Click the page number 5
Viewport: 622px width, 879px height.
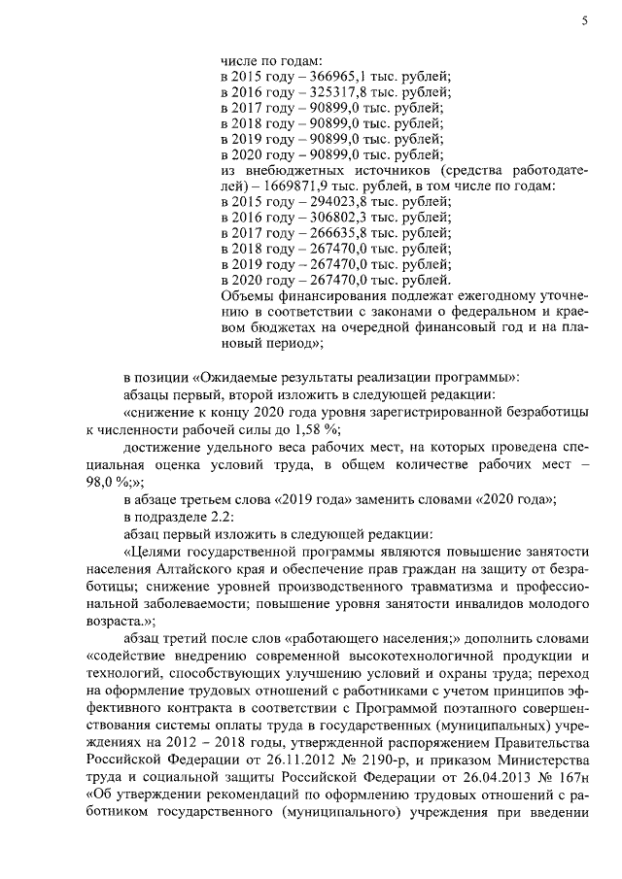tap(585, 20)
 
